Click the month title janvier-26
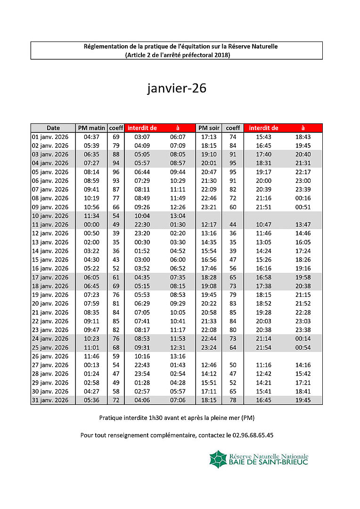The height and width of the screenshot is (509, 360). click(x=177, y=89)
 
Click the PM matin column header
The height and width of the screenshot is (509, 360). click(x=91, y=128)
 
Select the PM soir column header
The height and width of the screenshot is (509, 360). click(x=209, y=128)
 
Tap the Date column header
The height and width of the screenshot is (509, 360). click(x=53, y=128)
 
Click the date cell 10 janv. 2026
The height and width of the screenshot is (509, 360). click(x=50, y=216)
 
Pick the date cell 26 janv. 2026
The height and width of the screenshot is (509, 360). click(x=50, y=356)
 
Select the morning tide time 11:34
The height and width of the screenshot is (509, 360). click(x=91, y=216)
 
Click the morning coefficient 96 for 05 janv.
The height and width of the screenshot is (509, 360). click(x=116, y=172)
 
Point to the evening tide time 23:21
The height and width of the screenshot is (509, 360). click(x=209, y=207)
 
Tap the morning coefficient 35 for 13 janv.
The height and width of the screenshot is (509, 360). click(x=116, y=242)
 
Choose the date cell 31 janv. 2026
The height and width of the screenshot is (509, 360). click(x=50, y=400)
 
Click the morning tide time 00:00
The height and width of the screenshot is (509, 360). click(x=91, y=225)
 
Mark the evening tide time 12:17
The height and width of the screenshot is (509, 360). click(x=209, y=225)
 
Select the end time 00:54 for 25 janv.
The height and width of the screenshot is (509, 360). click(x=303, y=347)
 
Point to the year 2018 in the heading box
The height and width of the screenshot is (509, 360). click(x=221, y=55)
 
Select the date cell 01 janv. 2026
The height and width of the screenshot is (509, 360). click(x=50, y=137)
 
